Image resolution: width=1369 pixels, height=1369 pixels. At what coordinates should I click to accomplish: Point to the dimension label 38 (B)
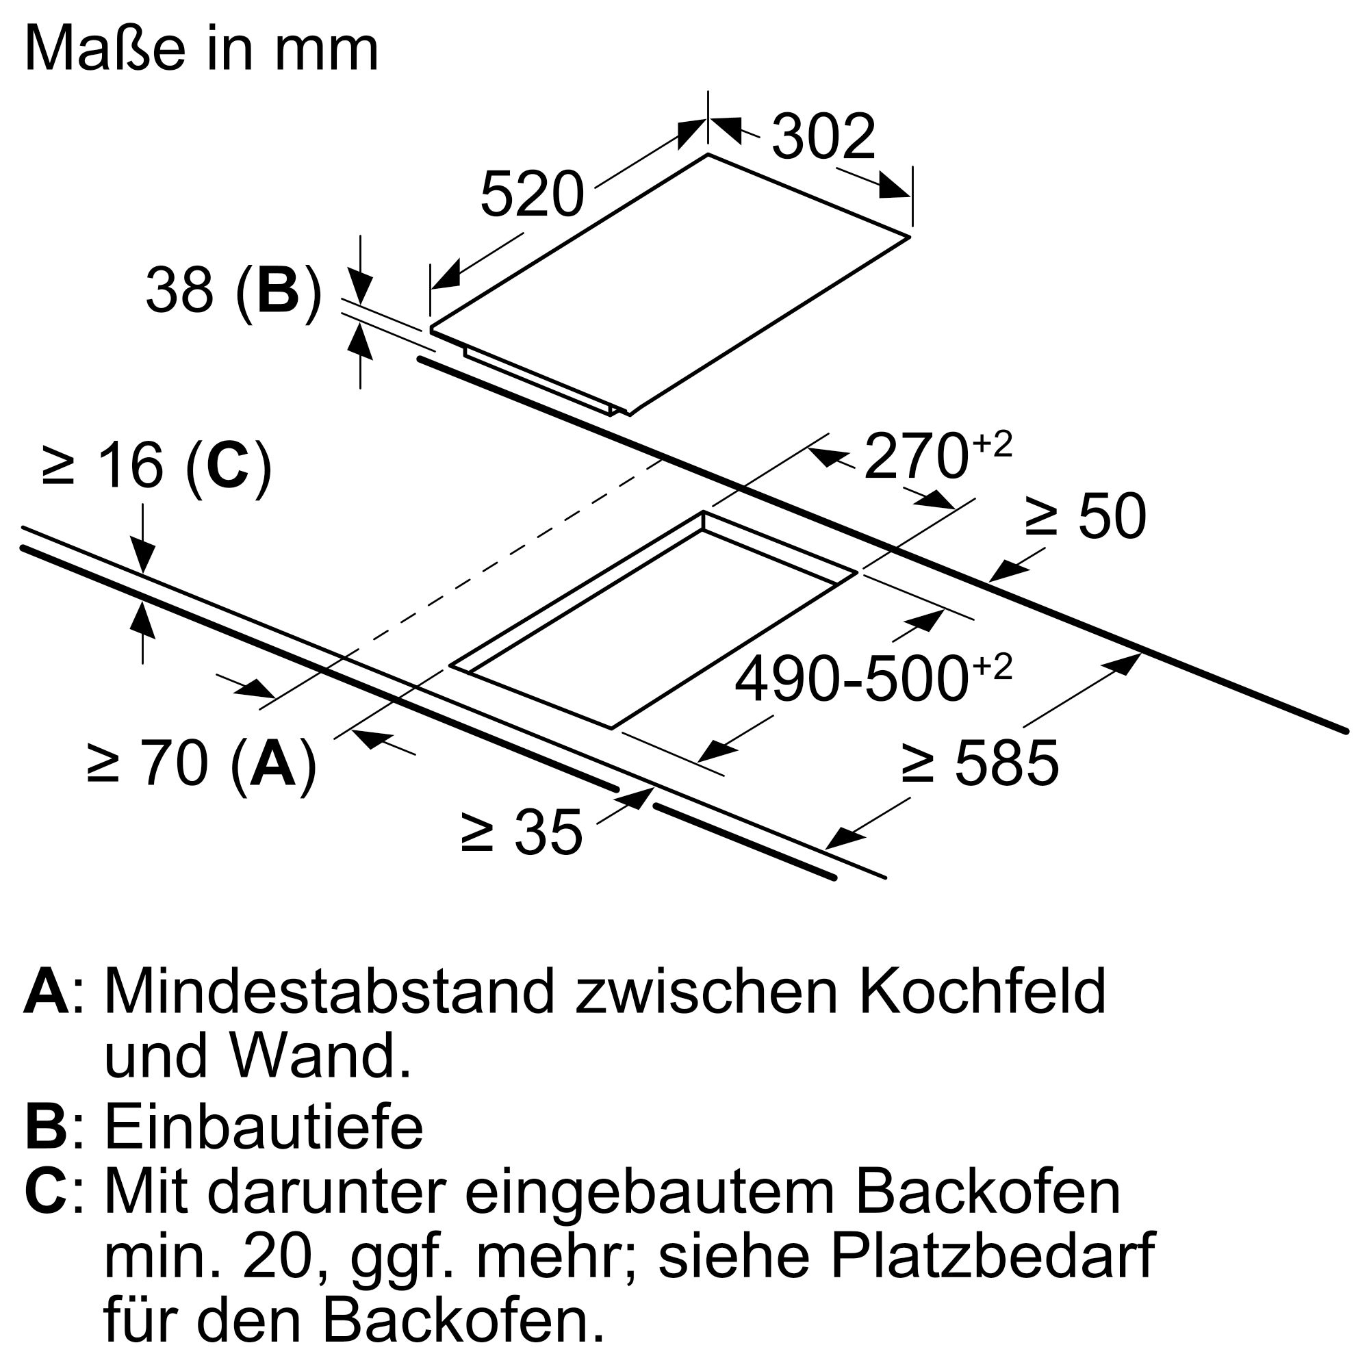(234, 291)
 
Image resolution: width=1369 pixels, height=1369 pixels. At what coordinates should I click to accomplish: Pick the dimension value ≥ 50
(1086, 517)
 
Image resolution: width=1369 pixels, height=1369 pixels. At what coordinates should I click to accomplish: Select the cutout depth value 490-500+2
(873, 679)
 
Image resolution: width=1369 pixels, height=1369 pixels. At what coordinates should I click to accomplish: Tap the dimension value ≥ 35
(522, 833)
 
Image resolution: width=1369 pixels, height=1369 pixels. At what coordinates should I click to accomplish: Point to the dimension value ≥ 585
(980, 763)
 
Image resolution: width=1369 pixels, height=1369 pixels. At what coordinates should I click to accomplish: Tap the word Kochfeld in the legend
(982, 993)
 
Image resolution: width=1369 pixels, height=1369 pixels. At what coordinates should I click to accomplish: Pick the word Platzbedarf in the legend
(993, 1262)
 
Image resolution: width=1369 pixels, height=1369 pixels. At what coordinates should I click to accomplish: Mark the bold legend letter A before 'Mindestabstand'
(47, 993)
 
